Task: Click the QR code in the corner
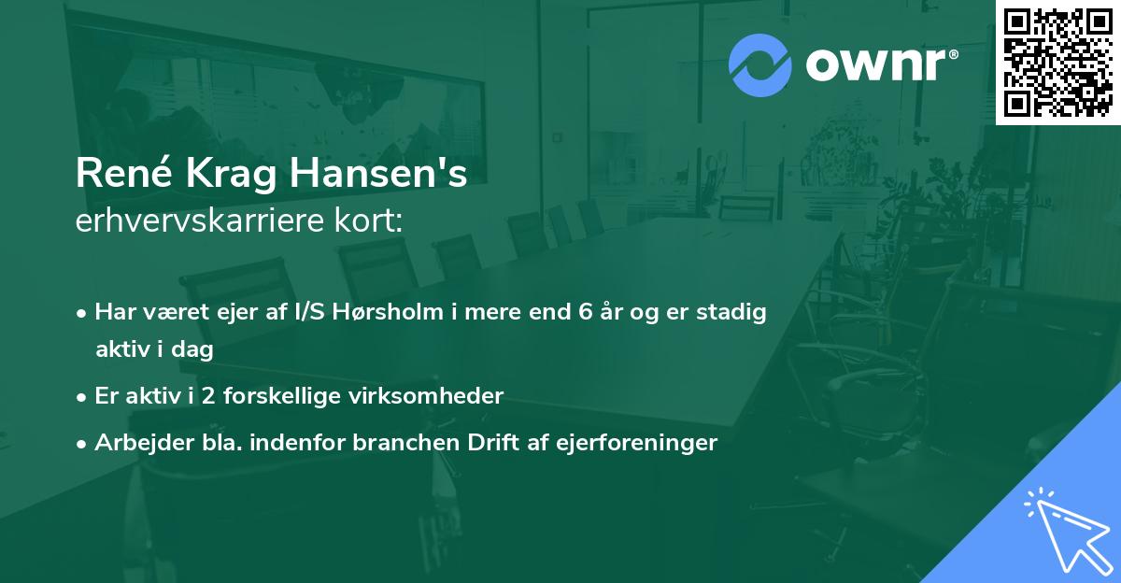1057,62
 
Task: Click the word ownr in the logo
880,66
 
